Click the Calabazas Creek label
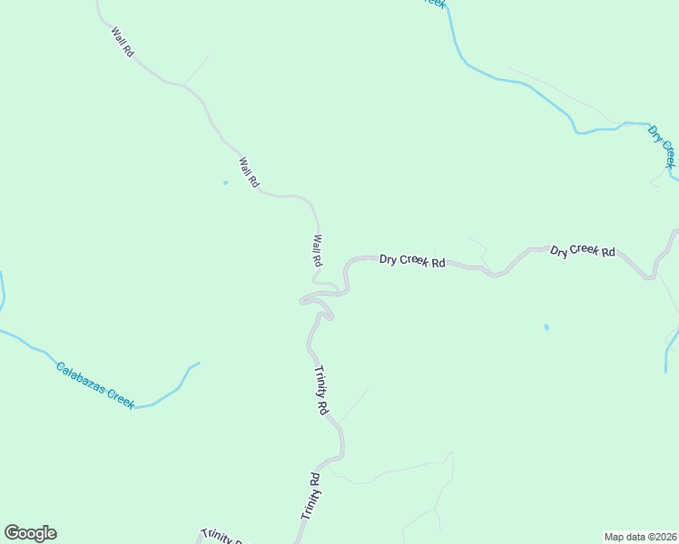[x=94, y=383]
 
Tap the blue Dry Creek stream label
[x=662, y=145]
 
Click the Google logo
[x=30, y=533]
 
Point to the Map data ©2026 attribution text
[x=640, y=536]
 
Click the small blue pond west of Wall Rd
[x=225, y=183]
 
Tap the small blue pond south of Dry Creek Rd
[x=546, y=327]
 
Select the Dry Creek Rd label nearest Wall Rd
[x=412, y=260]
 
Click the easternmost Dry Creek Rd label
[x=583, y=251]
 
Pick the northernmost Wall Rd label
[x=122, y=43]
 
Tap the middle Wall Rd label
[x=248, y=172]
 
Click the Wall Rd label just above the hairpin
[x=317, y=250]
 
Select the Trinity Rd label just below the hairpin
[x=320, y=390]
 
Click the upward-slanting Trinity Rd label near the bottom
[x=310, y=496]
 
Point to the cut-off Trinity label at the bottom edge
[x=220, y=536]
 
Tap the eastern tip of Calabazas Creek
[x=198, y=363]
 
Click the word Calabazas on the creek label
[x=80, y=375]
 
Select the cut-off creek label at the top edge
[x=437, y=4]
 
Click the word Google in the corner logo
[x=30, y=533]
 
